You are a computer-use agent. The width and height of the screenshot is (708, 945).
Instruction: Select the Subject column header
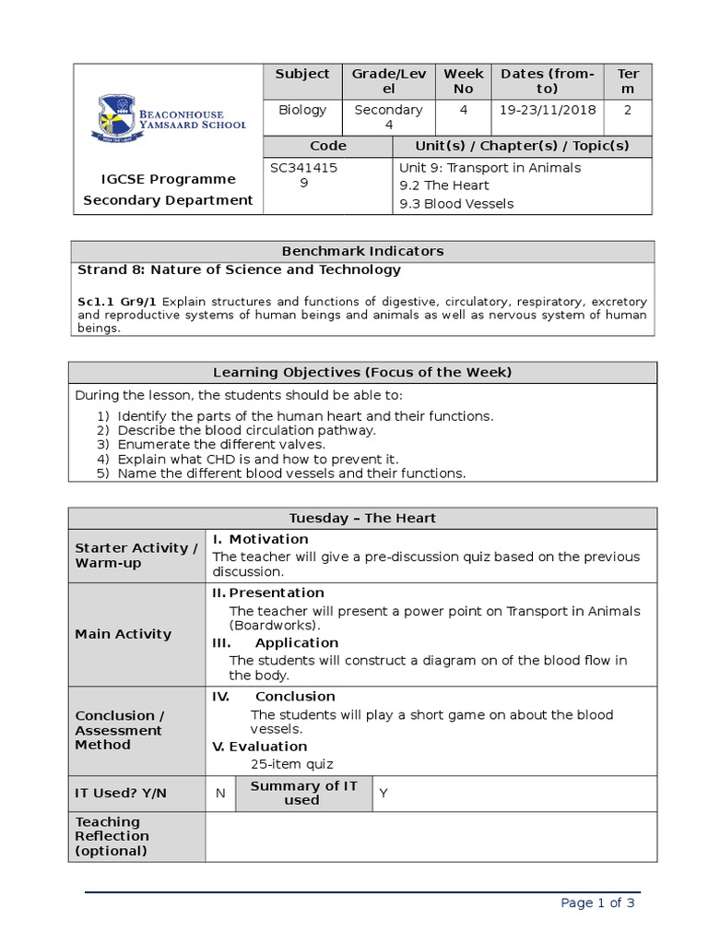pos(301,74)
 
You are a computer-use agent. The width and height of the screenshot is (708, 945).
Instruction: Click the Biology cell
pos(301,110)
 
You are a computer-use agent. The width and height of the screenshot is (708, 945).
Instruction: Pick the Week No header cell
pos(463,81)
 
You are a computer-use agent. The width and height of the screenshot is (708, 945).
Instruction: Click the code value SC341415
pos(303,168)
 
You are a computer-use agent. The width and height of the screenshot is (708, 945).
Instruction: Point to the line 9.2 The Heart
pos(443,185)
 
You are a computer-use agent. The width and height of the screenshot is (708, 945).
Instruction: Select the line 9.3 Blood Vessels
pos(456,204)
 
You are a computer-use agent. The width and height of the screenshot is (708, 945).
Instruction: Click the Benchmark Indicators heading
pos(362,251)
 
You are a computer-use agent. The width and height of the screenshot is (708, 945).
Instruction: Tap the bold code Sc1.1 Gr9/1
pos(117,302)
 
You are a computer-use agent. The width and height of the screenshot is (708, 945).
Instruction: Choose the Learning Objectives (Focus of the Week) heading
pos(362,373)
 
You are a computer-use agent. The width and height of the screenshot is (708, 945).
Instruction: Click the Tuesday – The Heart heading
pos(362,519)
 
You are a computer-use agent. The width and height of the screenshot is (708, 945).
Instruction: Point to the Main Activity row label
pos(124,634)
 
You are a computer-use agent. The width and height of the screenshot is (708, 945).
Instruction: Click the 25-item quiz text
pos(292,764)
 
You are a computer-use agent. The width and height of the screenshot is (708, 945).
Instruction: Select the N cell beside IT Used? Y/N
pos(220,794)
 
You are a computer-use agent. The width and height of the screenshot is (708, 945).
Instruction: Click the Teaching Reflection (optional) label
pos(112,836)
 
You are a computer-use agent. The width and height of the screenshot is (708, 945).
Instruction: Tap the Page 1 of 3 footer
pos(597,903)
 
